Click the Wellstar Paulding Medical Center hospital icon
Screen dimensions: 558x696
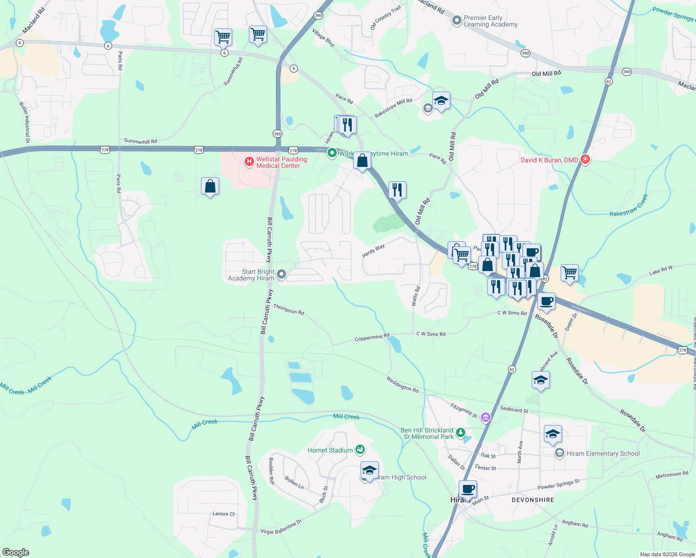(x=249, y=162)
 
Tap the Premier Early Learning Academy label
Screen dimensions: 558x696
(x=490, y=21)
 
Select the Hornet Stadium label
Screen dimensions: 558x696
(x=330, y=450)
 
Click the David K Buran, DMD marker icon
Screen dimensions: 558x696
(x=585, y=159)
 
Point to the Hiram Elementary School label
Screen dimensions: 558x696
(x=603, y=453)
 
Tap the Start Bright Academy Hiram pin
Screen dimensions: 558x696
(x=281, y=275)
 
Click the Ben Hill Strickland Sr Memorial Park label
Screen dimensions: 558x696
(x=427, y=433)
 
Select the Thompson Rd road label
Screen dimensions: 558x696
(x=288, y=309)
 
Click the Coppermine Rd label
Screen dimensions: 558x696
(x=372, y=338)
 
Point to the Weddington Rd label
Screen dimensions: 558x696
(x=402, y=384)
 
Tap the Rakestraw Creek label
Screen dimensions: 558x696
(x=629, y=206)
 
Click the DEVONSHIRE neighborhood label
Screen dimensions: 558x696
(x=533, y=500)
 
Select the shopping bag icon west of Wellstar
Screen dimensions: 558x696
(x=210, y=186)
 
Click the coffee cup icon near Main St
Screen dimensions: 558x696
(x=468, y=489)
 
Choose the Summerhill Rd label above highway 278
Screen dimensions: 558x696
(x=140, y=141)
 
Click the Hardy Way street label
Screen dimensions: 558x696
(x=373, y=251)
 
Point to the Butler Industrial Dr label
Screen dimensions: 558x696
(x=24, y=122)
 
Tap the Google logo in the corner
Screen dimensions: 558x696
(x=16, y=552)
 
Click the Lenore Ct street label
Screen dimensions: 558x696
(x=223, y=514)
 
